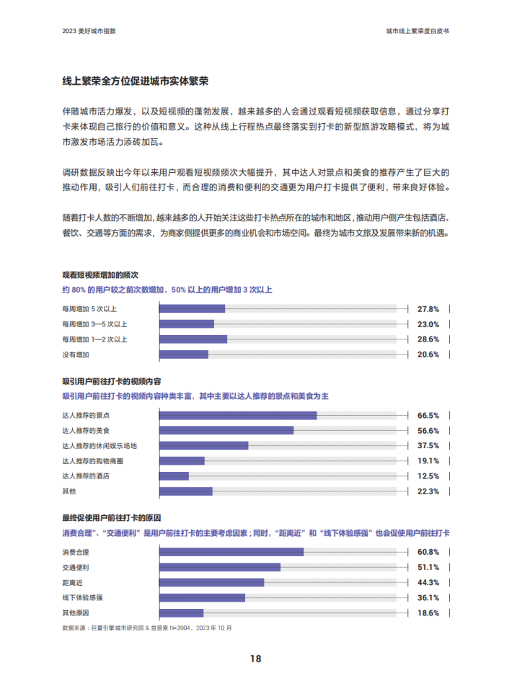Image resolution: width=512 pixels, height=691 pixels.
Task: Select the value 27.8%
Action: coord(428,308)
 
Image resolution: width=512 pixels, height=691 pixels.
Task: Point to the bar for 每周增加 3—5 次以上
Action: coord(186,324)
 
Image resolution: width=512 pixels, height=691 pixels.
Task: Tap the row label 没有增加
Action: coord(76,355)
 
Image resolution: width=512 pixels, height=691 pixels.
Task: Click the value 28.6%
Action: coord(428,339)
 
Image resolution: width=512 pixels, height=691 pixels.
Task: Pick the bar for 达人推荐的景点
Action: coord(237,415)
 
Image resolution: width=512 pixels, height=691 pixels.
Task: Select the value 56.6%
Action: coord(428,430)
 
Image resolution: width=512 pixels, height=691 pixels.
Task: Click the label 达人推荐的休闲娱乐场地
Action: coord(100,445)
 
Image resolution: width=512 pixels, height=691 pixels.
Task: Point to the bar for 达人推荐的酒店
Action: coord(174,476)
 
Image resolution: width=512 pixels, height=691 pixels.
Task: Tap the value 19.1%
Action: coord(428,461)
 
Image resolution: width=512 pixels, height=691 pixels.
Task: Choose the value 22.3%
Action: coord(428,491)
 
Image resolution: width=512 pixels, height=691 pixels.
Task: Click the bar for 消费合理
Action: coord(231,552)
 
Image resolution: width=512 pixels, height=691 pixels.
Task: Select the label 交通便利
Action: coord(76,567)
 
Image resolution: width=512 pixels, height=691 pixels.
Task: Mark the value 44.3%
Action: coord(428,582)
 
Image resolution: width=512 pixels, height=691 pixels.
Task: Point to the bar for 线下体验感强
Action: coord(202,597)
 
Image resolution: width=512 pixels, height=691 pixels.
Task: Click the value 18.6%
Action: coord(428,613)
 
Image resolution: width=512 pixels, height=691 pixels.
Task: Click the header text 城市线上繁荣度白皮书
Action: coord(421,32)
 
